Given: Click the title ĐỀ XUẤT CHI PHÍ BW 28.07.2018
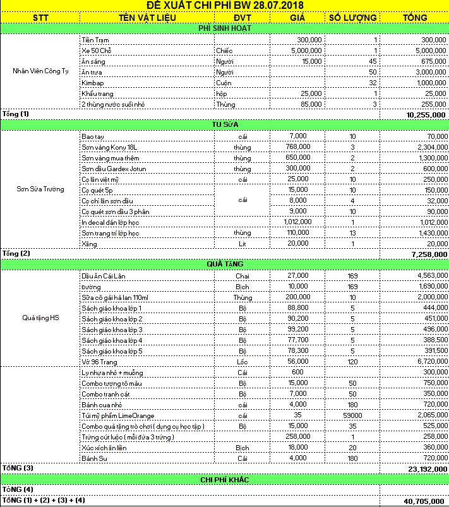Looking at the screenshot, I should click(224, 6).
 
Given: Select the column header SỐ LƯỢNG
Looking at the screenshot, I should click(353, 17).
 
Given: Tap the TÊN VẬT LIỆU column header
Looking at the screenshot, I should click(147, 17).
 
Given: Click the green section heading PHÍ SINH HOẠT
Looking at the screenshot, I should click(224, 28).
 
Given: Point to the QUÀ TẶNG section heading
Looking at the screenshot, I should click(224, 264).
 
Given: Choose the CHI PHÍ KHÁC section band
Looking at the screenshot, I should click(224, 479).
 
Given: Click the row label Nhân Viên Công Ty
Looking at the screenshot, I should click(41, 71).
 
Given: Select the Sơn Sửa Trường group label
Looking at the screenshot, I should click(41, 189).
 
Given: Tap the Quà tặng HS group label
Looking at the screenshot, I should click(41, 317).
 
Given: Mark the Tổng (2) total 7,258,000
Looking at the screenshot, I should click(428, 254).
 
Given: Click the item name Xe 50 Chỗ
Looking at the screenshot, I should click(97, 51).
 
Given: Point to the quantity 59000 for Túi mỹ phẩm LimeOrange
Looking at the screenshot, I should click(352, 415).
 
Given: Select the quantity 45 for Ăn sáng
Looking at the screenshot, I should click(373, 61).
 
